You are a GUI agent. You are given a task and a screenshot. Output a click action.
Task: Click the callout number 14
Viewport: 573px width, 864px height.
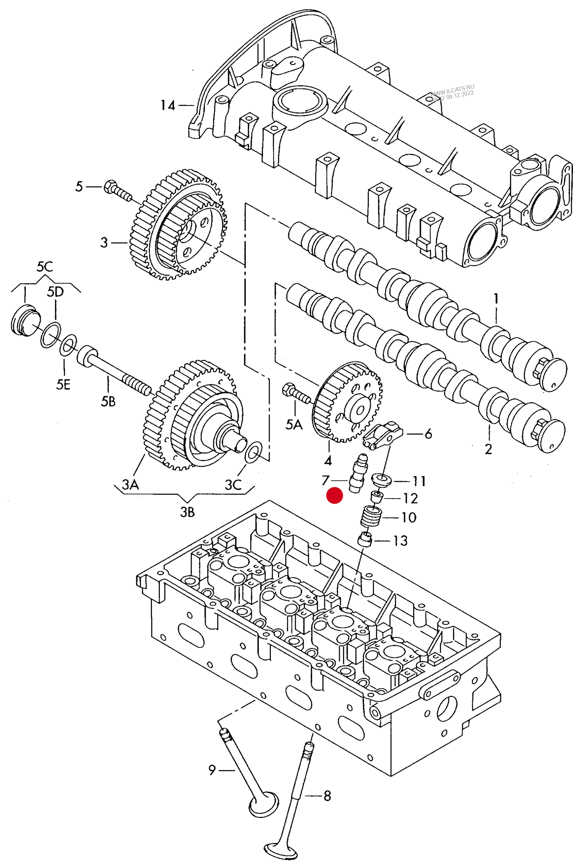click(x=167, y=106)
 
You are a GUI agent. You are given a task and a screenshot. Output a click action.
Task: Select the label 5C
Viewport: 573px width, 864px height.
click(x=44, y=267)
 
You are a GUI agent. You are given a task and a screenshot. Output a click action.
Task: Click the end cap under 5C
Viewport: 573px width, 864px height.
click(x=25, y=320)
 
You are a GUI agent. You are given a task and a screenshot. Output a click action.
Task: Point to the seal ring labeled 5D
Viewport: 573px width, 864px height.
click(x=51, y=335)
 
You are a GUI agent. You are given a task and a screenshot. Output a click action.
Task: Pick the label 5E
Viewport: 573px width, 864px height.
click(x=63, y=384)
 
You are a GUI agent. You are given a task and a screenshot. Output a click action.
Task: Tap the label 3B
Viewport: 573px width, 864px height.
click(x=187, y=512)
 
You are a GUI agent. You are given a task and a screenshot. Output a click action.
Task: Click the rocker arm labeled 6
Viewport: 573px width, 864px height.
click(x=383, y=436)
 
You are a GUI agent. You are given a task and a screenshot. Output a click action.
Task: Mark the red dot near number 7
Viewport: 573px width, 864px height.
click(x=334, y=495)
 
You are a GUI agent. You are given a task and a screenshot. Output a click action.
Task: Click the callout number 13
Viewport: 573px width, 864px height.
click(x=400, y=541)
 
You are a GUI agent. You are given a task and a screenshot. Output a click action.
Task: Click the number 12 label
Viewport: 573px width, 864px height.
click(x=410, y=499)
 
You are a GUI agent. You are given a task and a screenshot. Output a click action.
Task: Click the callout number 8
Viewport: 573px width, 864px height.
click(x=327, y=796)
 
